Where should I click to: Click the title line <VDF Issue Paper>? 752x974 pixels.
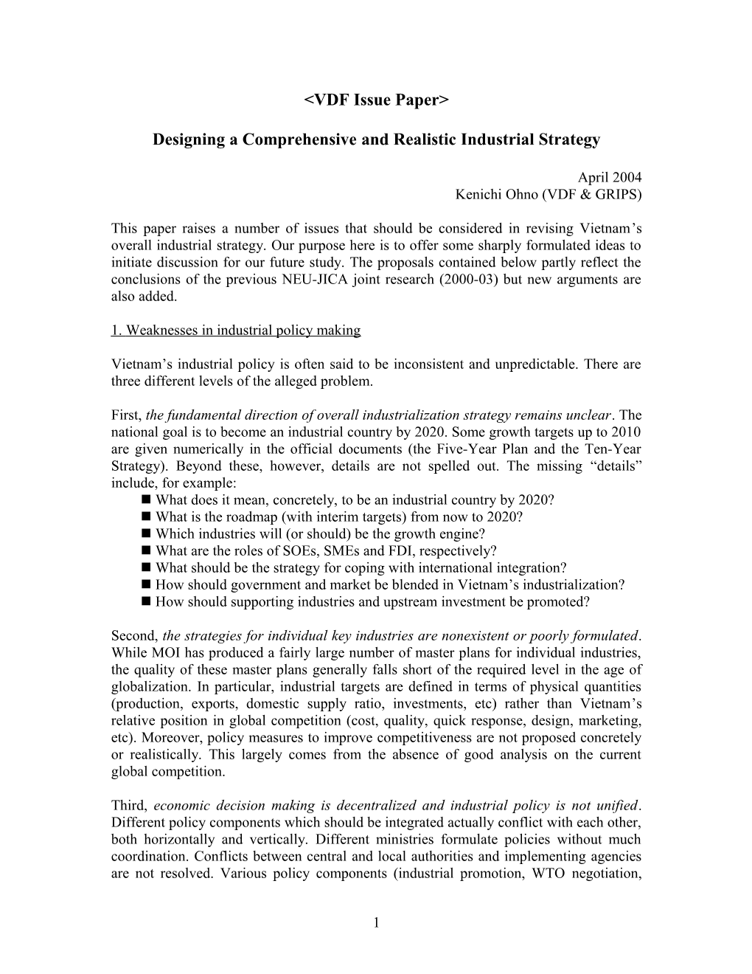[x=376, y=100]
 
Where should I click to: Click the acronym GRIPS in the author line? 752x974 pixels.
[x=616, y=195]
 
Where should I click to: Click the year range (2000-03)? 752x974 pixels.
[x=468, y=280]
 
